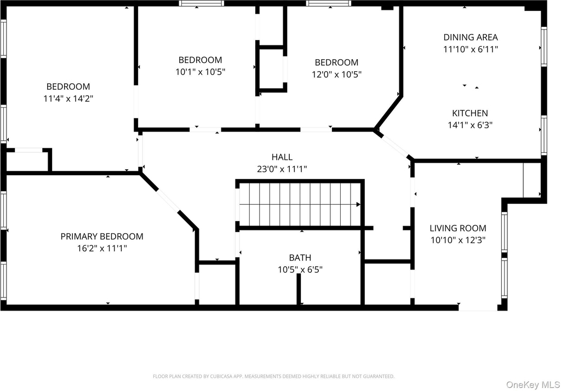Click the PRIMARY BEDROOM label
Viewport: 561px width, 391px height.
[102, 237]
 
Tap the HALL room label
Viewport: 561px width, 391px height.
[282, 157]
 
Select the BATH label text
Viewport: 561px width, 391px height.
[300, 257]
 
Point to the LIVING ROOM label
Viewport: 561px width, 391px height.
[458, 228]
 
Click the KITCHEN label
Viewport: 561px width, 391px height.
[470, 113]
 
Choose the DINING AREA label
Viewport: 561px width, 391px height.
[471, 37]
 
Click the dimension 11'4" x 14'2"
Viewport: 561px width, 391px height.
[68, 99]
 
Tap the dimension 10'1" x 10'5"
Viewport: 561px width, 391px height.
[201, 72]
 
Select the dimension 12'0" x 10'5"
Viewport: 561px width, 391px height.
[337, 74]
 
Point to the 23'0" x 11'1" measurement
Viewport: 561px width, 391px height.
[282, 169]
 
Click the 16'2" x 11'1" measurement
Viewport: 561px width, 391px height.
[102, 248]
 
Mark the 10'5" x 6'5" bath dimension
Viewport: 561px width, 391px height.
[300, 269]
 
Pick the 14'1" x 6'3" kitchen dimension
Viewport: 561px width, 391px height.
[470, 125]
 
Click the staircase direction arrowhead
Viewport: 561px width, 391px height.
[358, 205]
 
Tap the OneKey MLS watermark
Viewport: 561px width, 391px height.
[533, 385]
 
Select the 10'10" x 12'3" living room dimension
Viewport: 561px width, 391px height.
[458, 240]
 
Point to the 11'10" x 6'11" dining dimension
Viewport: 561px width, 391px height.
[471, 49]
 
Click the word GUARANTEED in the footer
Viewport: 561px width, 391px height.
[379, 376]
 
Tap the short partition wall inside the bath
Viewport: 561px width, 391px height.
[299, 289]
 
